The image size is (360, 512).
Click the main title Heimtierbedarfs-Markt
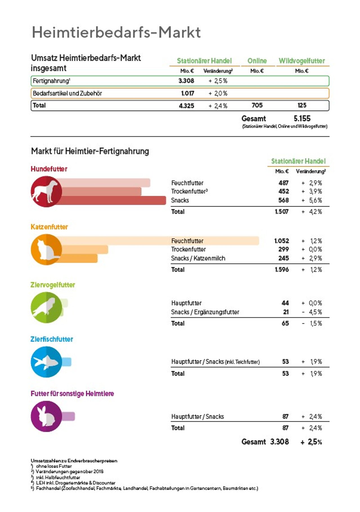tap(116, 32)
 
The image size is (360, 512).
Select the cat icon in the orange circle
tap(46, 250)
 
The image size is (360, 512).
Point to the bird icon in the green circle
tap(46, 307)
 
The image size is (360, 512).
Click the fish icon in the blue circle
tap(46, 362)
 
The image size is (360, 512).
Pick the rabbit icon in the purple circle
tap(46, 416)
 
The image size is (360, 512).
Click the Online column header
tap(257, 61)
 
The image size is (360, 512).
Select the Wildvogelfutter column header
tap(301, 61)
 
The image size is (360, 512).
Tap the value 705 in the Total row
tap(257, 105)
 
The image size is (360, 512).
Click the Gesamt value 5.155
tap(302, 118)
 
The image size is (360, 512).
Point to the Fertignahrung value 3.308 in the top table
tap(186, 81)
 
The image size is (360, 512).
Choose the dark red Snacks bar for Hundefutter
tap(112, 200)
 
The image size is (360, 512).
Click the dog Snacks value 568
tap(283, 200)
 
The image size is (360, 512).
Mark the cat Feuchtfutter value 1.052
tap(282, 241)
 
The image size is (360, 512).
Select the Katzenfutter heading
tap(49, 227)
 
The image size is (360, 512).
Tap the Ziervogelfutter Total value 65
tap(285, 323)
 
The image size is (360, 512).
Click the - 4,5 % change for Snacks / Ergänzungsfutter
tap(312, 312)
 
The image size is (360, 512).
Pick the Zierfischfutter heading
tap(52, 339)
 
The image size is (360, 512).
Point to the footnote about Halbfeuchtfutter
tap(58, 477)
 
